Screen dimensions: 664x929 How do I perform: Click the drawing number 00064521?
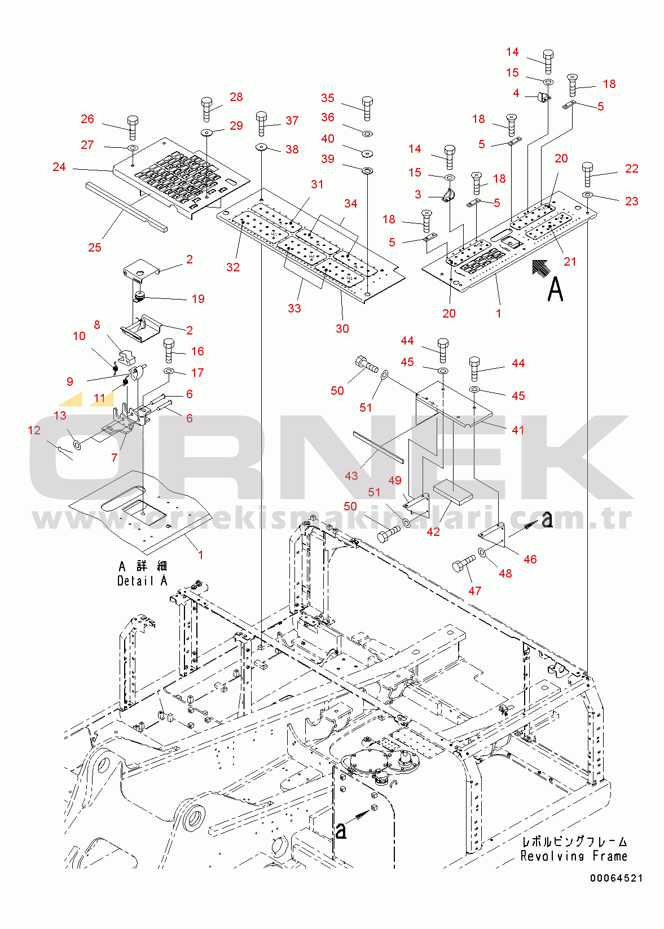pos(616,878)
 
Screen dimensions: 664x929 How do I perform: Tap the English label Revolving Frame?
pos(574,856)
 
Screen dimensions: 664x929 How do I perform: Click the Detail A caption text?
pos(142,581)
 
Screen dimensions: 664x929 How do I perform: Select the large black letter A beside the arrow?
pos(555,289)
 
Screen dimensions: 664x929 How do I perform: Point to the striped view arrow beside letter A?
pos(541,267)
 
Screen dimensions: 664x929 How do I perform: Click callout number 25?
pos(95,248)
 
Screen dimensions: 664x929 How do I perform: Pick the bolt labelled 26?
pos(133,127)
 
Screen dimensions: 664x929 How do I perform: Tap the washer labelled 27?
pos(133,148)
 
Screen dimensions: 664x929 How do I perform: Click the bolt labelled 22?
pos(587,175)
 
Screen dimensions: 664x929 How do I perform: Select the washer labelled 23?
pos(587,195)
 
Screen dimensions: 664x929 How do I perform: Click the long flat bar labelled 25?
pos(126,207)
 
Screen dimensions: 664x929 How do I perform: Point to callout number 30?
pos(342,329)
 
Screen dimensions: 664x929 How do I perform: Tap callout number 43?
pos(351,475)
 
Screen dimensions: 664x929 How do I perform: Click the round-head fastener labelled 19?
pos(140,296)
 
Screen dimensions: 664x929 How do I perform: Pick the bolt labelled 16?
pos(169,351)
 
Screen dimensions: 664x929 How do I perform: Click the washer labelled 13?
pos(77,446)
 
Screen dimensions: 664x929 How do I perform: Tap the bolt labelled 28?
pos(206,109)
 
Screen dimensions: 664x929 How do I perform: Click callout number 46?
pos(530,560)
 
